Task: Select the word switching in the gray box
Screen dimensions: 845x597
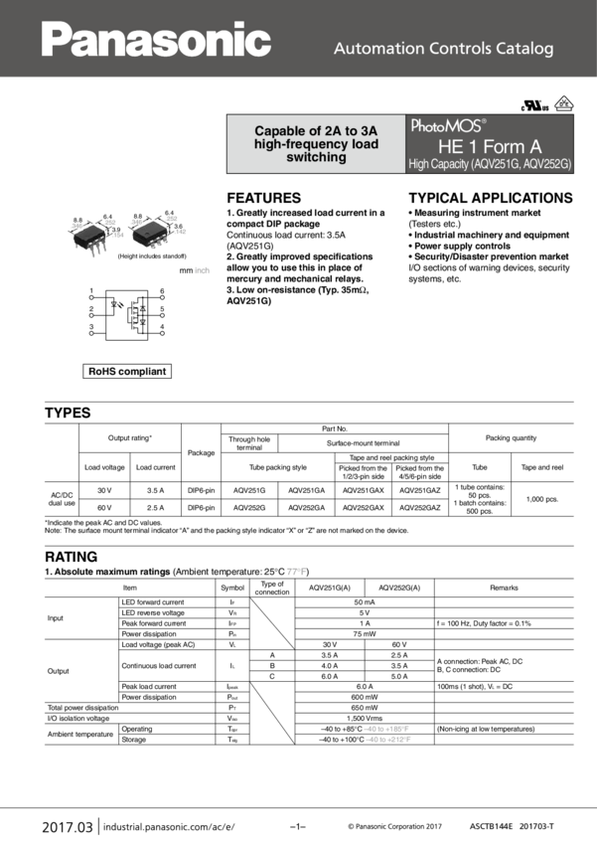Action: click(x=316, y=157)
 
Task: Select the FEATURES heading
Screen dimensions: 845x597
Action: click(x=263, y=198)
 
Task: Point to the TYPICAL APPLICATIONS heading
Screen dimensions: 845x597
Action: click(x=490, y=198)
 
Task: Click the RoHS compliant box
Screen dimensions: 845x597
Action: click(x=127, y=372)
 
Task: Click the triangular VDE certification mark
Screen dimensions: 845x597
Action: click(x=564, y=102)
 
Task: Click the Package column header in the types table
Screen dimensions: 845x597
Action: click(x=201, y=451)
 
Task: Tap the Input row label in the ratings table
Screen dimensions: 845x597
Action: click(x=58, y=617)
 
